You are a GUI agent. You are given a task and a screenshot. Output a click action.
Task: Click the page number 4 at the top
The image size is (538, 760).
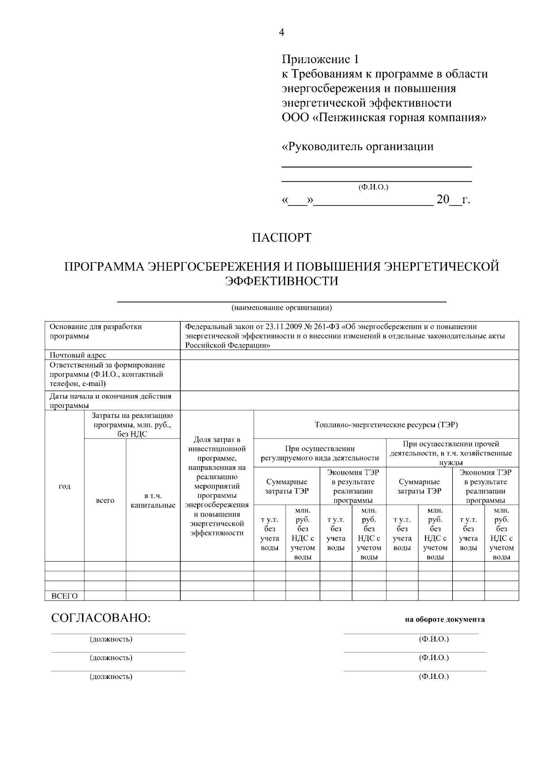(281, 32)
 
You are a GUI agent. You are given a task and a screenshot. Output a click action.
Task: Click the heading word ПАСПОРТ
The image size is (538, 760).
(281, 237)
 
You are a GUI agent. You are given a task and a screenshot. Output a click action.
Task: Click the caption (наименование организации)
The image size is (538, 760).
(282, 308)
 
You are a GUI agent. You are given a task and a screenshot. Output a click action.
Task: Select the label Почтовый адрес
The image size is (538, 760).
(78, 355)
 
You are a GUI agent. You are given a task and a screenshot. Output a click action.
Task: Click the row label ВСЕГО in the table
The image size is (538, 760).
(65, 596)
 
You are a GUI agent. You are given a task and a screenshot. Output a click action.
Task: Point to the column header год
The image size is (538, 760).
(65, 486)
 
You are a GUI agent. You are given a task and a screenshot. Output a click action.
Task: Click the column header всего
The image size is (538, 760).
(105, 500)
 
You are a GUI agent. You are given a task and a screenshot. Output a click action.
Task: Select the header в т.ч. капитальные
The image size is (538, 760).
(153, 500)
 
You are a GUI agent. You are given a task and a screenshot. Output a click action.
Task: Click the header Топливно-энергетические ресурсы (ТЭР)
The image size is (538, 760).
(386, 425)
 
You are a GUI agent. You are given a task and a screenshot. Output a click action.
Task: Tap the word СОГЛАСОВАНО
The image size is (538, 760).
(101, 618)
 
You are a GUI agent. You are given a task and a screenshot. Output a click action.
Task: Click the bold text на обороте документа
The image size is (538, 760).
(444, 620)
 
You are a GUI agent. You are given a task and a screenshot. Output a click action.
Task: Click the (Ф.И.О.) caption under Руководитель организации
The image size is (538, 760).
(373, 187)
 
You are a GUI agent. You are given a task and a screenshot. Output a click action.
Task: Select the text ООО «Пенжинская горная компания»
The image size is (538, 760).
(384, 118)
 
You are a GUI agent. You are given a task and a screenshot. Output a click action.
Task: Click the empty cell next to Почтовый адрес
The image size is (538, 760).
(349, 355)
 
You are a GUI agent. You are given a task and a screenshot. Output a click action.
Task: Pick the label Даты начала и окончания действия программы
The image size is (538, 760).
(110, 401)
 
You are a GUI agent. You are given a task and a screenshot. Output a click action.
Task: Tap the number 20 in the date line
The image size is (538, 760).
(443, 200)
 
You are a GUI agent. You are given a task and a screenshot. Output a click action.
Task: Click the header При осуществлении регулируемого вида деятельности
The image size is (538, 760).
(320, 453)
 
